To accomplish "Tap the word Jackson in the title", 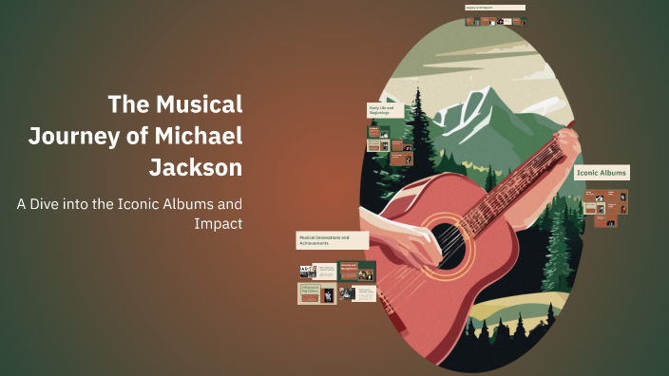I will coord(196,168).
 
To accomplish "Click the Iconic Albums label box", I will coord(602,174).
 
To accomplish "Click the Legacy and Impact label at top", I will coord(494,8).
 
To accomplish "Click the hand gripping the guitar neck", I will coord(568,142).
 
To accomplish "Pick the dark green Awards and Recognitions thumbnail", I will coord(357,272).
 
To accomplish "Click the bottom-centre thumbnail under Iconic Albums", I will coord(606,220).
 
